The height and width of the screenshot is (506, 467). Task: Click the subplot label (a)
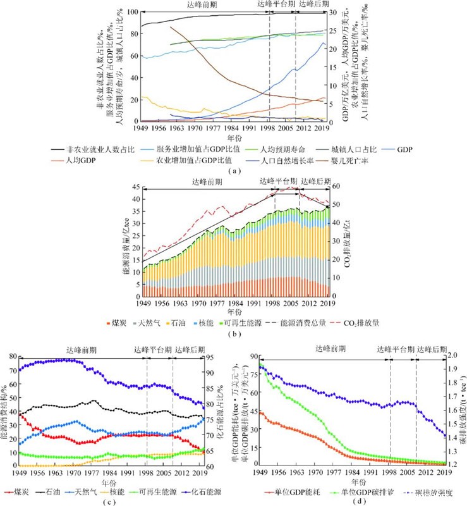coord(234,172)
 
